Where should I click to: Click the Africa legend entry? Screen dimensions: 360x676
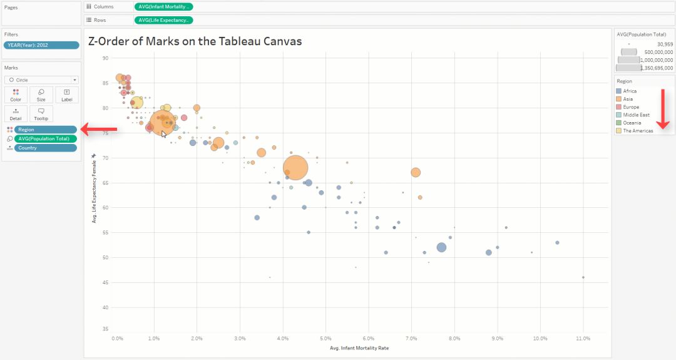[x=630, y=91]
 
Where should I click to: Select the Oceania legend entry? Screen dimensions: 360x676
[x=632, y=123]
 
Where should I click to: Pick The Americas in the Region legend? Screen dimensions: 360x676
[x=637, y=131]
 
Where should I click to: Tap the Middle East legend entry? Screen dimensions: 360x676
[x=636, y=115]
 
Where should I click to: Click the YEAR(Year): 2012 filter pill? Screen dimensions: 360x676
[x=42, y=45]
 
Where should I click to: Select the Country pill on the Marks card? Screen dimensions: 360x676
[x=45, y=148]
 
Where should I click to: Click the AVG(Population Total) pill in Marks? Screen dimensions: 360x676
[x=45, y=138]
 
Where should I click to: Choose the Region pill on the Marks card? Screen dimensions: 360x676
[x=45, y=130]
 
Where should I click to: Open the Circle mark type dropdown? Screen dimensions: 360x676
[x=41, y=80]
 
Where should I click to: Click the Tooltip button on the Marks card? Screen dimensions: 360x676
[x=41, y=113]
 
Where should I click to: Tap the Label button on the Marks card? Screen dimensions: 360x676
[x=66, y=95]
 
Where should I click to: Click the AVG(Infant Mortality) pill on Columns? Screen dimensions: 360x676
[x=163, y=6]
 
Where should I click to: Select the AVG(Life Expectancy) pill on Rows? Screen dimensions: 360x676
[x=163, y=20]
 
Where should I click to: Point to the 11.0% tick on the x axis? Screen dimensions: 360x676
[x=583, y=339]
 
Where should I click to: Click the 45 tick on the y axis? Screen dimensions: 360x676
[x=106, y=282]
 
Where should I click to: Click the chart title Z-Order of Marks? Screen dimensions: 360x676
[x=195, y=41]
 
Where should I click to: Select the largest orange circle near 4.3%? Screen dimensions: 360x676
[x=295, y=168]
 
